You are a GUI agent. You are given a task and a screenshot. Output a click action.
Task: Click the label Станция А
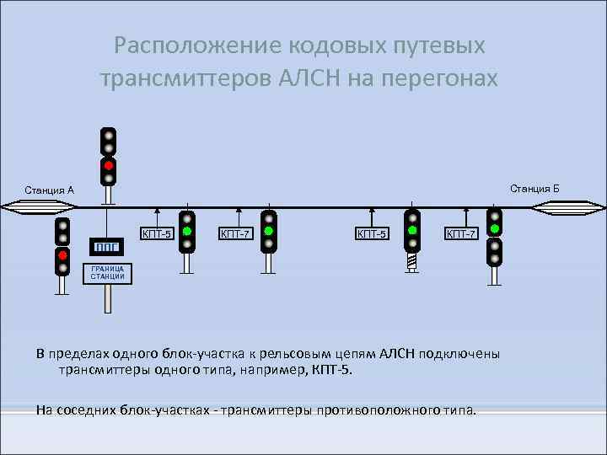click(x=50, y=190)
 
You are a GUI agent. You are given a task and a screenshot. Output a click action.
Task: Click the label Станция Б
click(x=534, y=187)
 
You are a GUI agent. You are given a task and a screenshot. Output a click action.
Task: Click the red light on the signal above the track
click(x=108, y=164)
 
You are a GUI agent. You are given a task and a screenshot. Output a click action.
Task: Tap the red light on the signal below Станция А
click(x=62, y=255)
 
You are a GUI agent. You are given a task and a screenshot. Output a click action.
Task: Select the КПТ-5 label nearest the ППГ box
click(x=157, y=233)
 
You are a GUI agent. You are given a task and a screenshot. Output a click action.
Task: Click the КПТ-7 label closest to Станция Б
click(x=462, y=233)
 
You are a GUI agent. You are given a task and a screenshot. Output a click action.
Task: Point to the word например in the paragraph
click(x=276, y=370)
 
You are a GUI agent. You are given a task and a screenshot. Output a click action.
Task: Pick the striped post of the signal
click(x=411, y=261)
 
